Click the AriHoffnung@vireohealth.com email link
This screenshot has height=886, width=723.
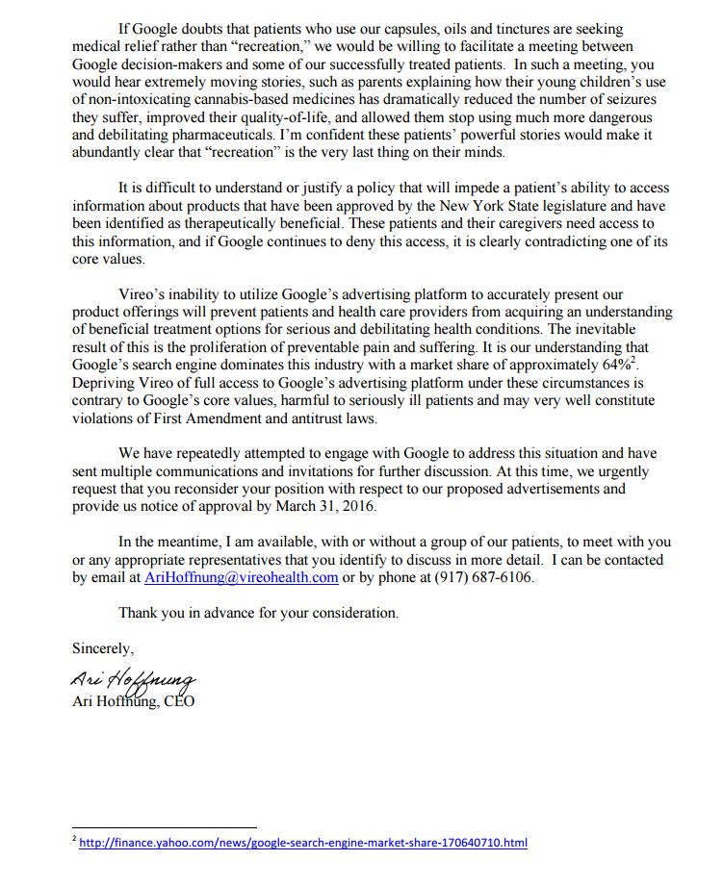click(241, 577)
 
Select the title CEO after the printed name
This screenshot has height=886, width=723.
click(178, 701)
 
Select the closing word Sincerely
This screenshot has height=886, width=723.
click(103, 648)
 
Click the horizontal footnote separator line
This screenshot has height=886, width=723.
click(165, 826)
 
